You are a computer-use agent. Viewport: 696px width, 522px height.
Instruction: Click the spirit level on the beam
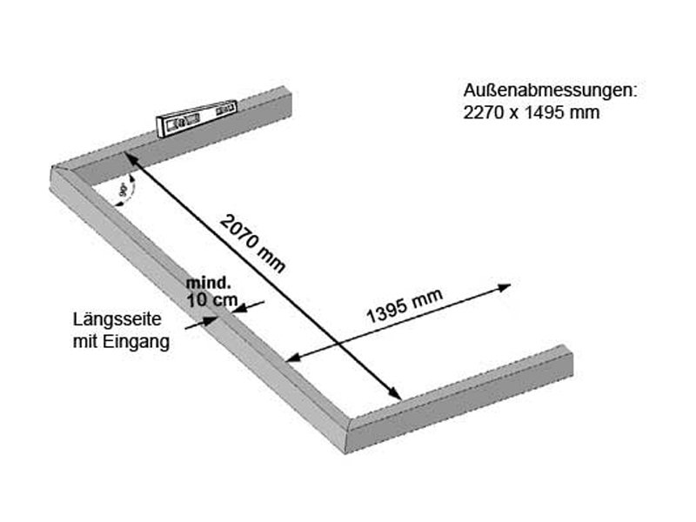click(197, 117)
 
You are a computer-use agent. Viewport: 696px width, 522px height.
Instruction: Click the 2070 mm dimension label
click(252, 244)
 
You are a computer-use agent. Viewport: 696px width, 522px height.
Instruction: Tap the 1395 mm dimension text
click(405, 306)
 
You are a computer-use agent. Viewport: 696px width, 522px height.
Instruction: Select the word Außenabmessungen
click(550, 91)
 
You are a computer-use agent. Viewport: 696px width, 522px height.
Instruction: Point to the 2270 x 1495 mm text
click(532, 112)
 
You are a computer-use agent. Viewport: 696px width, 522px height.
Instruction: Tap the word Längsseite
click(117, 319)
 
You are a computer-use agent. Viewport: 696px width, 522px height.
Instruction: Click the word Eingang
click(137, 342)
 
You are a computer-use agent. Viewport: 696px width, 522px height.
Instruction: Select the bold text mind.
click(208, 283)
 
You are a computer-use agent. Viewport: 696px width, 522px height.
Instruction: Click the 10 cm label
click(212, 300)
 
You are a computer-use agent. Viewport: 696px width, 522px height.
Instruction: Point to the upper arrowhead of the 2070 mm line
click(129, 157)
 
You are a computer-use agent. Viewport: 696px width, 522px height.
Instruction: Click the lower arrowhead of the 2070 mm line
click(395, 393)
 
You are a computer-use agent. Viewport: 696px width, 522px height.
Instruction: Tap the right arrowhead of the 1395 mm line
click(505, 288)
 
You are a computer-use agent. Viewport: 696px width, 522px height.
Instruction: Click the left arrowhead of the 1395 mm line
click(294, 358)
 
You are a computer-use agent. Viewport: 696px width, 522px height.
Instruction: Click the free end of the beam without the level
click(567, 360)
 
